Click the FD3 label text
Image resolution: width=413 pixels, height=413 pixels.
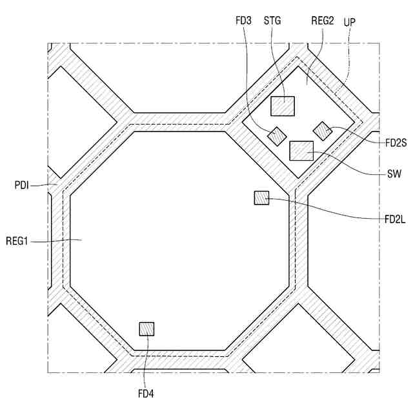pos(244,21)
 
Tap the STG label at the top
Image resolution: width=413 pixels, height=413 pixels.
pos(272,21)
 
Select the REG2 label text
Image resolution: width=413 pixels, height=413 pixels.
pos(322,21)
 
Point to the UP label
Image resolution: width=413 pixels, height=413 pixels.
pos(350,21)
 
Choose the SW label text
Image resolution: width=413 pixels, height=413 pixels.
pos(391,174)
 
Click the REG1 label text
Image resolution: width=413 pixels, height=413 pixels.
pos(20,241)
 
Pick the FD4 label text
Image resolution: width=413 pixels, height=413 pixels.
pos(145,392)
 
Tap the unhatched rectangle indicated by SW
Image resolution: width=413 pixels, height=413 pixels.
pos(301,150)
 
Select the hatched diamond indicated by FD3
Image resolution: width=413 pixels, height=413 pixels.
pos(277,136)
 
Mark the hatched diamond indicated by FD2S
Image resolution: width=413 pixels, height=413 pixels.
pos(322,130)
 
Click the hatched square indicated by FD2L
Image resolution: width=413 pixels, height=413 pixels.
pos(261,198)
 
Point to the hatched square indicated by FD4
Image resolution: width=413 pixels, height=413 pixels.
pos(146,329)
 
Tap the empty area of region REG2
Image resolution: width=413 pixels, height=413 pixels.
pos(323,103)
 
